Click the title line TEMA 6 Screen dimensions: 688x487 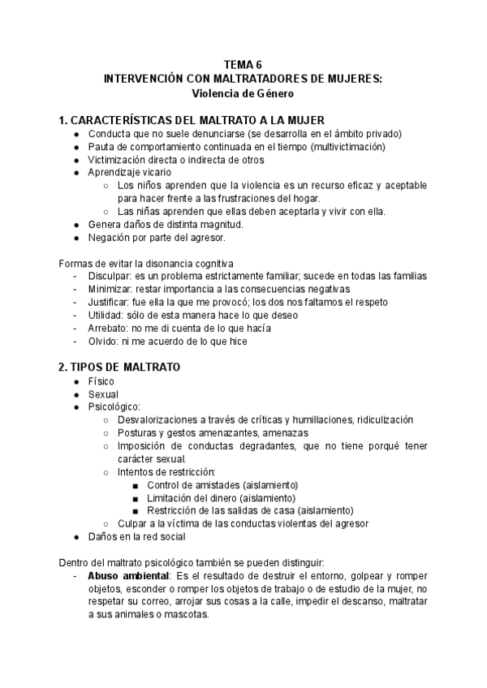[x=243, y=65]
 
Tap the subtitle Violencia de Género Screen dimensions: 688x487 [x=243, y=92]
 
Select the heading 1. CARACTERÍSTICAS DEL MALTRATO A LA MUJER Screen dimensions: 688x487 [x=192, y=119]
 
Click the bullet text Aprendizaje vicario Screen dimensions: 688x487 [x=130, y=172]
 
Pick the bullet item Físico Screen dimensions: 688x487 [x=101, y=381]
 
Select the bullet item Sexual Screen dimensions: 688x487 [x=103, y=393]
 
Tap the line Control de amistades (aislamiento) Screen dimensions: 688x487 [x=222, y=484]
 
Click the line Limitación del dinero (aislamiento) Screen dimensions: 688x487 [x=221, y=497]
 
